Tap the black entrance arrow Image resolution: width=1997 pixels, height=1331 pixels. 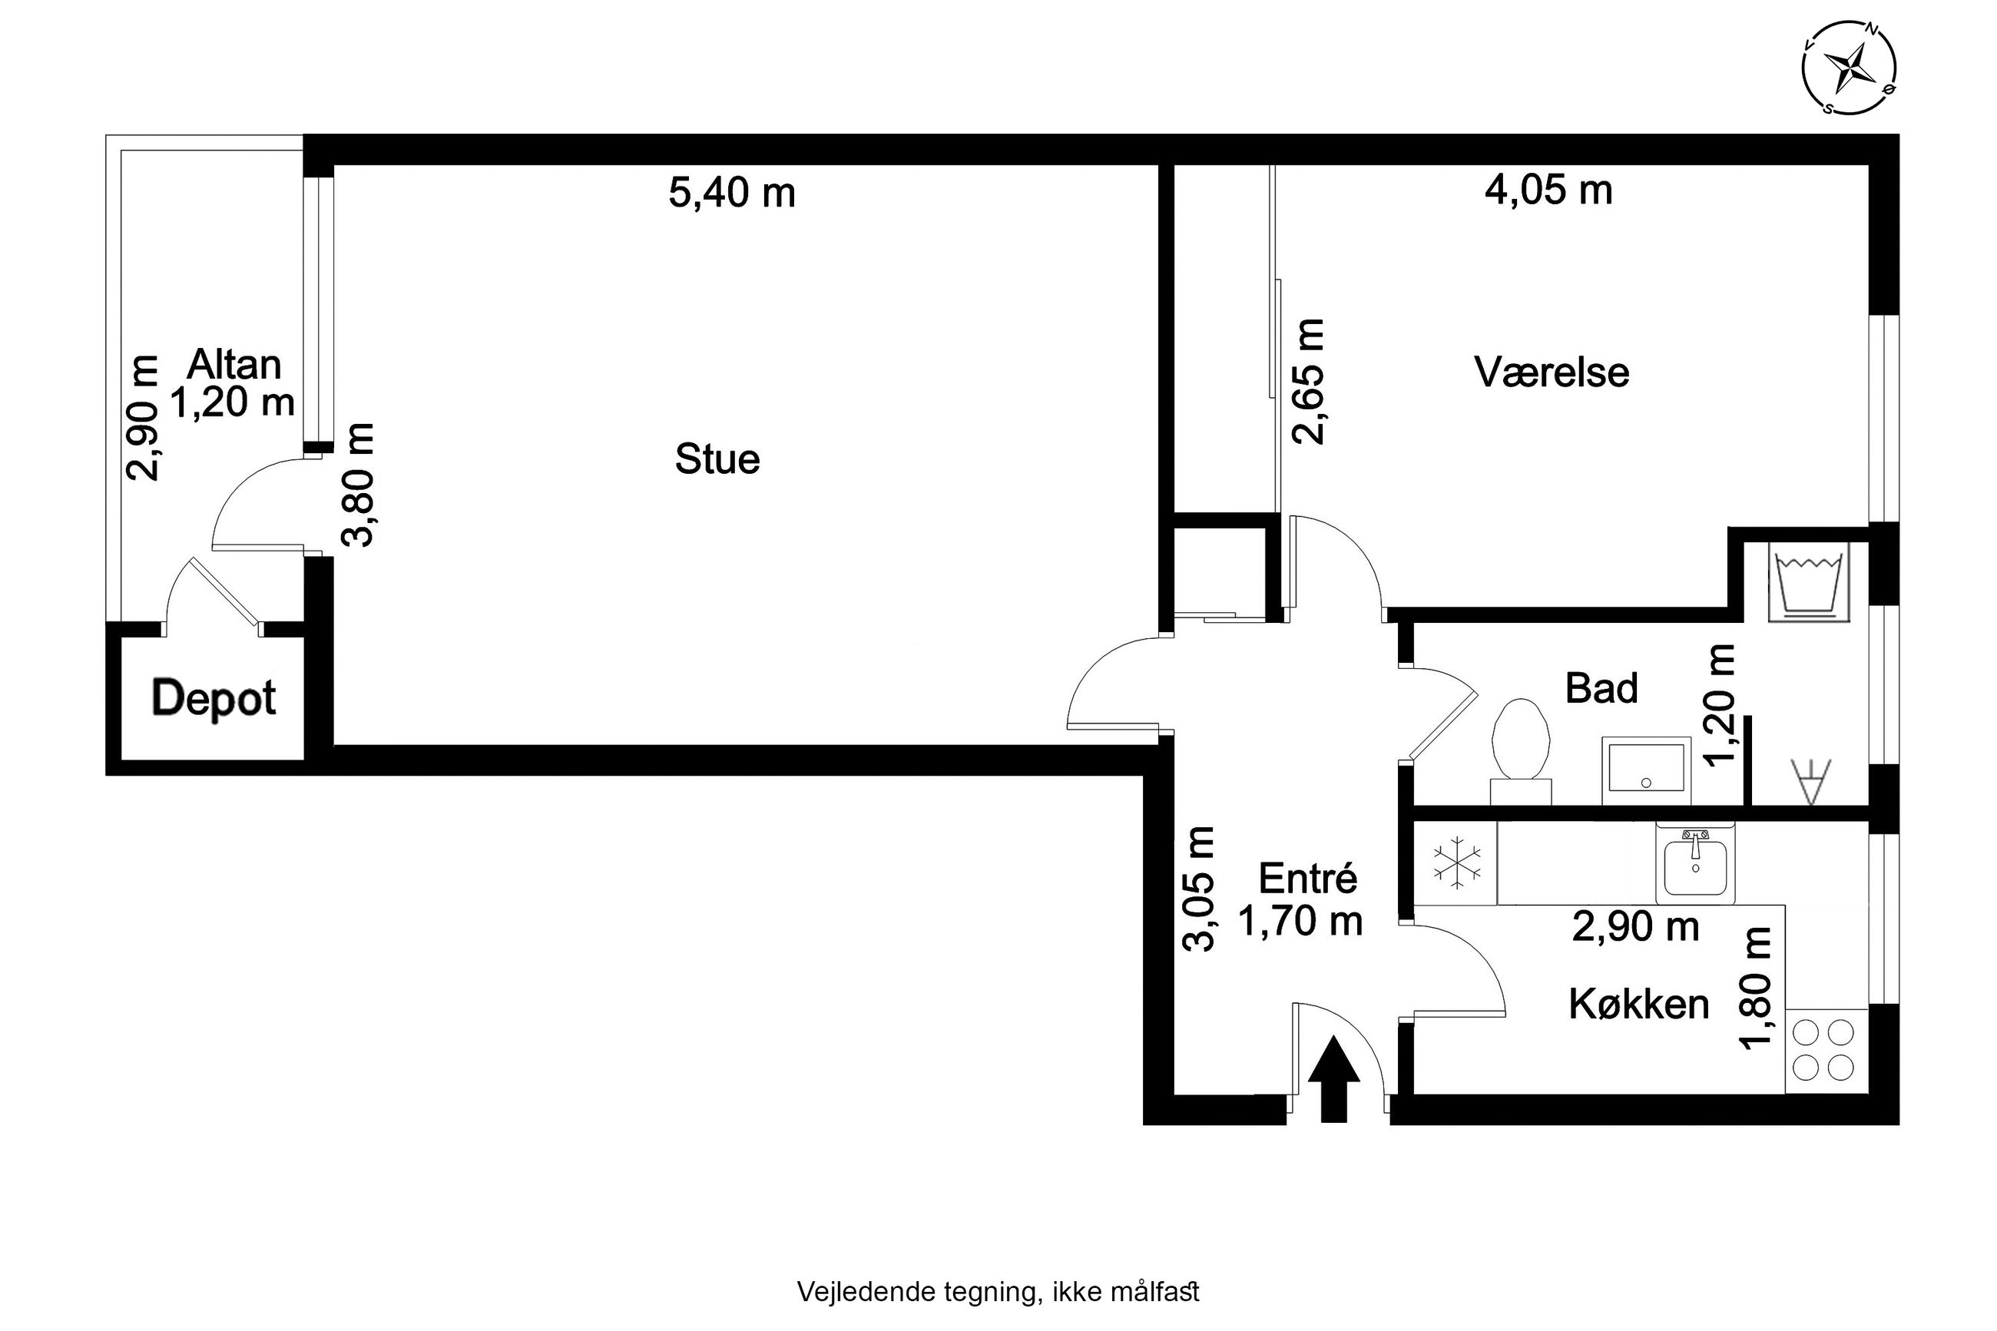pos(1333,1078)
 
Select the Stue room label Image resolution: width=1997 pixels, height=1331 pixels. pos(717,459)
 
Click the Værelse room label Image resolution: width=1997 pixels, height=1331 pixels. pos(1552,372)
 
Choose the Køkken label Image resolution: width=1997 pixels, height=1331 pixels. pos(1638,1004)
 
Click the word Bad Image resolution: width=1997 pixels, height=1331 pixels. pos(1601,687)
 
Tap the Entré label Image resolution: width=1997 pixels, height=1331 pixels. pos(1308,878)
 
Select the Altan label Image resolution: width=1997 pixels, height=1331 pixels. pos(233,365)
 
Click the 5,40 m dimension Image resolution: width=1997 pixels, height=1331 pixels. pos(731,193)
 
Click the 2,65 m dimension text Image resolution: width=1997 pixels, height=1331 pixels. pos(1307,382)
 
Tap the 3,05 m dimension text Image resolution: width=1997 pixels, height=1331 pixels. pos(1199,889)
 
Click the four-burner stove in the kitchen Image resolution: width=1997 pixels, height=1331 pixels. pos(1826,1050)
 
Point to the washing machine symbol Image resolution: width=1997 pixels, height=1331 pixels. pos(1808,582)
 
